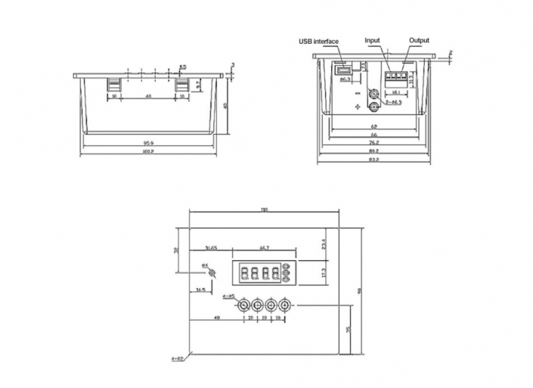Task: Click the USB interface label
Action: click(318, 41)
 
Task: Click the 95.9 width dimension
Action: click(148, 143)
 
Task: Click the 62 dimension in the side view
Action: click(374, 126)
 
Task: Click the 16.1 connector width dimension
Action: click(397, 92)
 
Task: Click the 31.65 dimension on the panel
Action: click(211, 247)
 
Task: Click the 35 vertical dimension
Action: click(347, 331)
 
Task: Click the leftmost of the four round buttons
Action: click(243, 305)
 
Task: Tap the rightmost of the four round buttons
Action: click(285, 305)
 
